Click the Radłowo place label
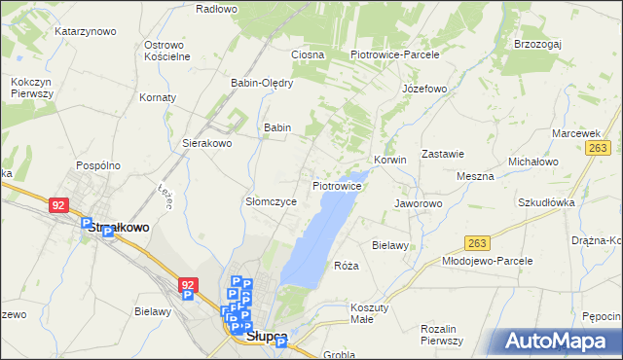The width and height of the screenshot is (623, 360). (x=216, y=9)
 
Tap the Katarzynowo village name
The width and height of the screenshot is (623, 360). (x=86, y=31)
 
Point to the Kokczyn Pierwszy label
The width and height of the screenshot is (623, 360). (x=32, y=88)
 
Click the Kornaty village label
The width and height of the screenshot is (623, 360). (x=158, y=98)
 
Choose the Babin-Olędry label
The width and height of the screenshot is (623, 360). (x=261, y=83)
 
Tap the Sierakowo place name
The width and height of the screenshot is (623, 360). (x=206, y=143)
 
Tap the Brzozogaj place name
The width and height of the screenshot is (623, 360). (x=540, y=44)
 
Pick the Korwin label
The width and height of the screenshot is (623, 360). (x=389, y=160)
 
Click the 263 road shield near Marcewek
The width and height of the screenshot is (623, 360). (x=598, y=147)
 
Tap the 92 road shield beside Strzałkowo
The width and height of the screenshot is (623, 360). (x=59, y=205)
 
